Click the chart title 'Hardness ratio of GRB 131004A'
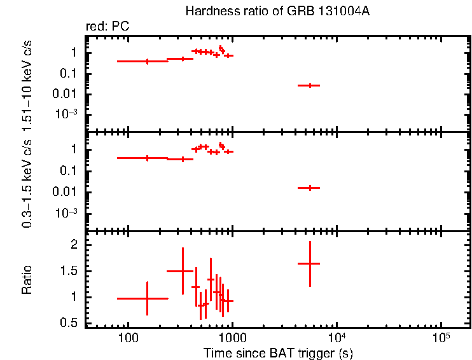[x=277, y=11]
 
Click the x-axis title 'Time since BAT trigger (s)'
[x=278, y=352]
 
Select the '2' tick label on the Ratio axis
[x=74, y=245]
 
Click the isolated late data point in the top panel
[x=310, y=85]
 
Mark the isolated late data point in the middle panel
[x=310, y=188]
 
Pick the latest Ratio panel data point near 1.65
[x=310, y=263]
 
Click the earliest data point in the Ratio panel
[x=147, y=298]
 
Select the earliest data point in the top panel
[x=147, y=62]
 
